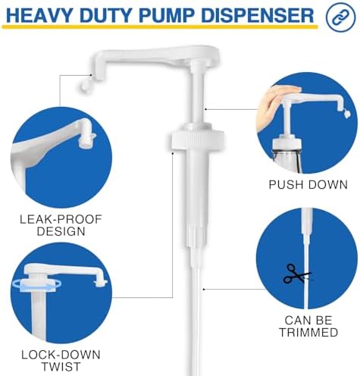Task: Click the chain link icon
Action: [340, 17]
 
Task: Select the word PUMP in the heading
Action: [167, 15]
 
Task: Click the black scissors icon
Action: [296, 274]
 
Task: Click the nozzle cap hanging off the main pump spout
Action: [85, 86]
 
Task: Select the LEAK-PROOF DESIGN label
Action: [61, 225]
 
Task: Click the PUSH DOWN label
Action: [308, 184]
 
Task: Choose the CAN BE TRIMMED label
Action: [308, 326]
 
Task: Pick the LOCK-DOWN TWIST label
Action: [61, 361]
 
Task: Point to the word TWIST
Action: [61, 367]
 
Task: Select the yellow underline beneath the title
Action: [160, 27]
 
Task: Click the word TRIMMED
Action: [308, 332]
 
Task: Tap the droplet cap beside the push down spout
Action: [346, 114]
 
